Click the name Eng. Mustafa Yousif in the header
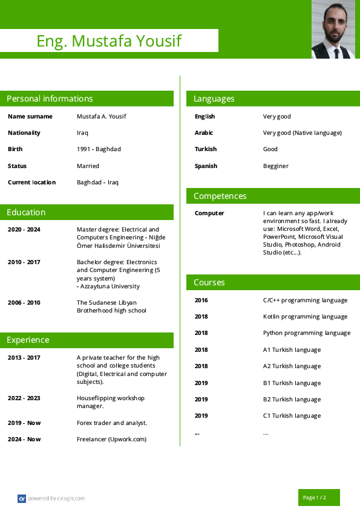[109, 41]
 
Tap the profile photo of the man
[333, 29]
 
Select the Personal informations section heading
[50, 99]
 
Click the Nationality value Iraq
[82, 133]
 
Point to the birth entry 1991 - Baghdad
[99, 149]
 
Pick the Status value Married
[88, 166]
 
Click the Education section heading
[26, 212]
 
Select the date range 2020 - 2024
[24, 230]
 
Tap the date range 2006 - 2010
[24, 303]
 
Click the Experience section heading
[28, 340]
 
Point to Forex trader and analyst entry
[112, 423]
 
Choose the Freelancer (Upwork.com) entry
[111, 439]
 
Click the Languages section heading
[214, 99]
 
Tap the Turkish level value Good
[270, 149]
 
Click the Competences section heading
[220, 196]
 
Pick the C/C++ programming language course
[305, 300]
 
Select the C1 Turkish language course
[292, 416]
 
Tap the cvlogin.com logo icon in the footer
[22, 499]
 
